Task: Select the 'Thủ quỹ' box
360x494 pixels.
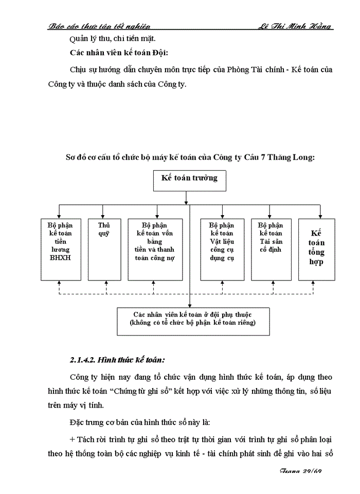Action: [104, 250]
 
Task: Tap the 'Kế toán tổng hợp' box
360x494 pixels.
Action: [317, 250]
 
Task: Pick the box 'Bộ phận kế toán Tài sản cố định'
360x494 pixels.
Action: [271, 250]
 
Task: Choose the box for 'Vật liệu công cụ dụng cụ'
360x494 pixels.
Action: [222, 250]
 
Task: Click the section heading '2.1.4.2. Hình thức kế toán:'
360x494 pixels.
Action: [117, 359]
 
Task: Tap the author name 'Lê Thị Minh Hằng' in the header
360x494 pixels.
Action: [294, 26]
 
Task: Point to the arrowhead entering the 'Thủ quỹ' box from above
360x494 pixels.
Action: [104, 216]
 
